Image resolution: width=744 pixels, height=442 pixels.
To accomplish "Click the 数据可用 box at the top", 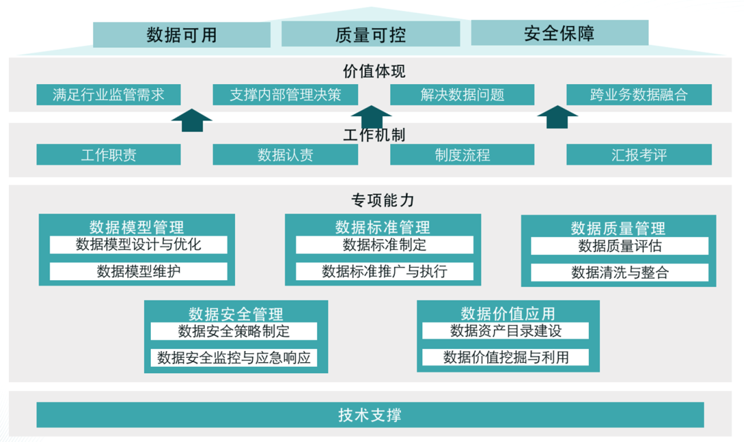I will [182, 34].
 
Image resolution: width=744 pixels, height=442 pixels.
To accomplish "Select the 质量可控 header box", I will [371, 34].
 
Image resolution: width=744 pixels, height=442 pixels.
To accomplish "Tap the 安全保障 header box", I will [559, 33].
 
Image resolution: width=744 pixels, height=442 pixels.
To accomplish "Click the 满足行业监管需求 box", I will [109, 95].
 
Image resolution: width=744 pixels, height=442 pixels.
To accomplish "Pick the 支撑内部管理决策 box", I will [285, 95].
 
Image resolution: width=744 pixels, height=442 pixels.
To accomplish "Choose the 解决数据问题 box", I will [462, 95].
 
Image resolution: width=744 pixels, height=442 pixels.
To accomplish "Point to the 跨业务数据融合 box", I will [639, 95].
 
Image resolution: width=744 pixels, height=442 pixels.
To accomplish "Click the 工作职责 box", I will [109, 155].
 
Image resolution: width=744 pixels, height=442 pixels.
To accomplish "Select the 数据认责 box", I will [285, 155].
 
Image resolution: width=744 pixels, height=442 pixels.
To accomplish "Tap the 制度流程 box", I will [462, 155].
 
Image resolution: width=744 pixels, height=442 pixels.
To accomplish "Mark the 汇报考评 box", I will [639, 155].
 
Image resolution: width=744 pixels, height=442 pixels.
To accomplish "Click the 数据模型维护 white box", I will [138, 271].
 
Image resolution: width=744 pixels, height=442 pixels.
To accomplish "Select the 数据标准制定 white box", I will [384, 245].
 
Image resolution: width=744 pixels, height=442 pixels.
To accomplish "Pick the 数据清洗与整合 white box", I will [619, 273].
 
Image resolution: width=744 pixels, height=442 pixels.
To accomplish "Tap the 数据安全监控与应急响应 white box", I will [234, 358].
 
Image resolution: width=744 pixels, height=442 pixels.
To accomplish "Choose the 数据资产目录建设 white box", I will [506, 331].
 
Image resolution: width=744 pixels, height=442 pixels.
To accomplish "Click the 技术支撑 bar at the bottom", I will [370, 415].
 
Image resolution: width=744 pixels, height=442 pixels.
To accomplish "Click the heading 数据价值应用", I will [508, 314].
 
